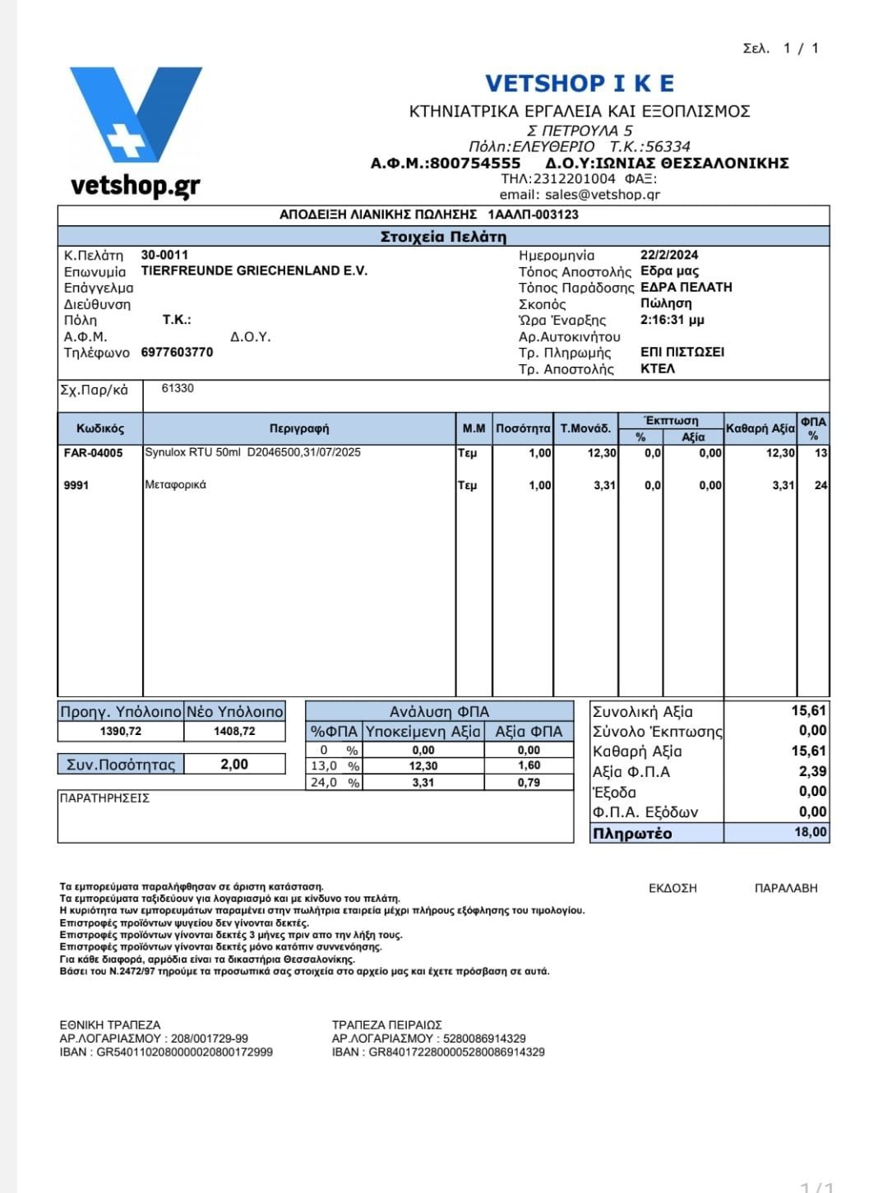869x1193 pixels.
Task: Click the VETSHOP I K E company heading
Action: [579, 83]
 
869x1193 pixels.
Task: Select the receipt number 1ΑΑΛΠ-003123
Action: [533, 215]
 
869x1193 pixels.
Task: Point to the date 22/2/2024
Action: [669, 255]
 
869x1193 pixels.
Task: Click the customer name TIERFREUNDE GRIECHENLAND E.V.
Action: [254, 271]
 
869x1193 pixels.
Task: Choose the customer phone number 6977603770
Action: [177, 352]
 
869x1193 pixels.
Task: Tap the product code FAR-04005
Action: [93, 453]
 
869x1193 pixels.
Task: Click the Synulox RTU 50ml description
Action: [252, 452]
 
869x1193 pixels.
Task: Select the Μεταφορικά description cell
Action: [175, 485]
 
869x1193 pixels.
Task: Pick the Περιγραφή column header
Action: [299, 428]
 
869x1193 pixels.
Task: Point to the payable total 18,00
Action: [810, 832]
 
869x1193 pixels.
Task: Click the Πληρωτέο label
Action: [632, 834]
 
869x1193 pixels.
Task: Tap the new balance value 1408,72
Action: [234, 731]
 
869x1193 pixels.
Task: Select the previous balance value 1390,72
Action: [120, 731]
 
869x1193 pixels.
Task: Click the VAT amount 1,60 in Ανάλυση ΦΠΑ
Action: [529, 765]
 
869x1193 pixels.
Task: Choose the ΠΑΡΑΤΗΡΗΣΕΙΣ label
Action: [104, 798]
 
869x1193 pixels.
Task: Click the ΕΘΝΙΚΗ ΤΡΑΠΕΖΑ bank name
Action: [110, 1024]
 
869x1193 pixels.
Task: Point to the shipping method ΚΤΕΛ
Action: [657, 368]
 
